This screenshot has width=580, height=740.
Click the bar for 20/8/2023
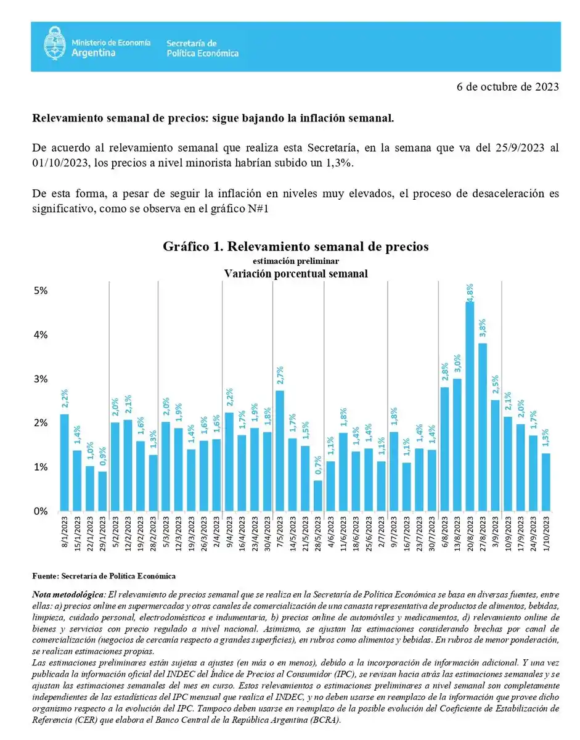tap(470, 407)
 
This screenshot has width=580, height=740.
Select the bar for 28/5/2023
tap(317, 496)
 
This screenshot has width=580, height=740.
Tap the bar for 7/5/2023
tap(279, 451)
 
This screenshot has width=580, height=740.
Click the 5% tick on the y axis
tap(40, 290)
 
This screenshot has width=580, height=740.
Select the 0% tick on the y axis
tap(40, 511)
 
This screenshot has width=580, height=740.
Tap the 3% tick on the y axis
tap(40, 379)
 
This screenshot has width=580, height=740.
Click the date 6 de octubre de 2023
tap(508, 87)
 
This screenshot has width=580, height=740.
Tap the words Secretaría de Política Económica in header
tap(202, 48)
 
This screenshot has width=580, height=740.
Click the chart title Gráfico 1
tap(295, 247)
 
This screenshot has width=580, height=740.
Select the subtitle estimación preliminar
tap(295, 261)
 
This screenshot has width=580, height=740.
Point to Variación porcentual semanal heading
tap(295, 273)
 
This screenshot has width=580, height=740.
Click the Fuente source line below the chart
tap(104, 575)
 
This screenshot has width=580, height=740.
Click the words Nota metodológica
tap(68, 594)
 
